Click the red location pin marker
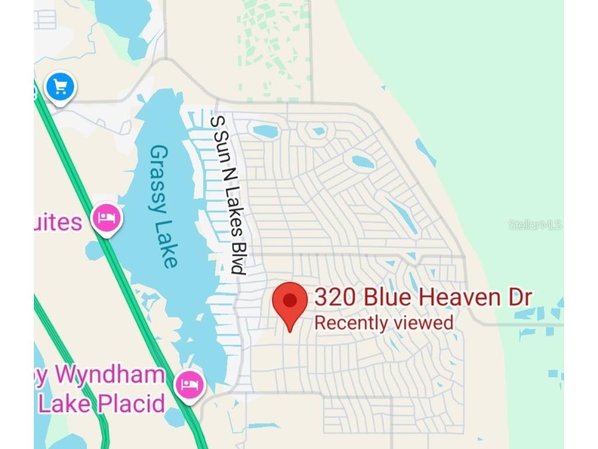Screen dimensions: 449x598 click(290, 302)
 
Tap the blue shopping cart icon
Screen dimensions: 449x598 click(60, 87)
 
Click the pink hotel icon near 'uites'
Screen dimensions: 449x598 click(106, 219)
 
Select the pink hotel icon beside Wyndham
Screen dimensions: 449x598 click(189, 384)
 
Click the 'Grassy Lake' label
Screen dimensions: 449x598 click(163, 206)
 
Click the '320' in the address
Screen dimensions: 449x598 click(335, 298)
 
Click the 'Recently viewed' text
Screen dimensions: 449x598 click(384, 323)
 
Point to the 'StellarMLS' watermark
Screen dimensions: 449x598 click(535, 224)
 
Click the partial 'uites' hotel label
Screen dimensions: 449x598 click(58, 222)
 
